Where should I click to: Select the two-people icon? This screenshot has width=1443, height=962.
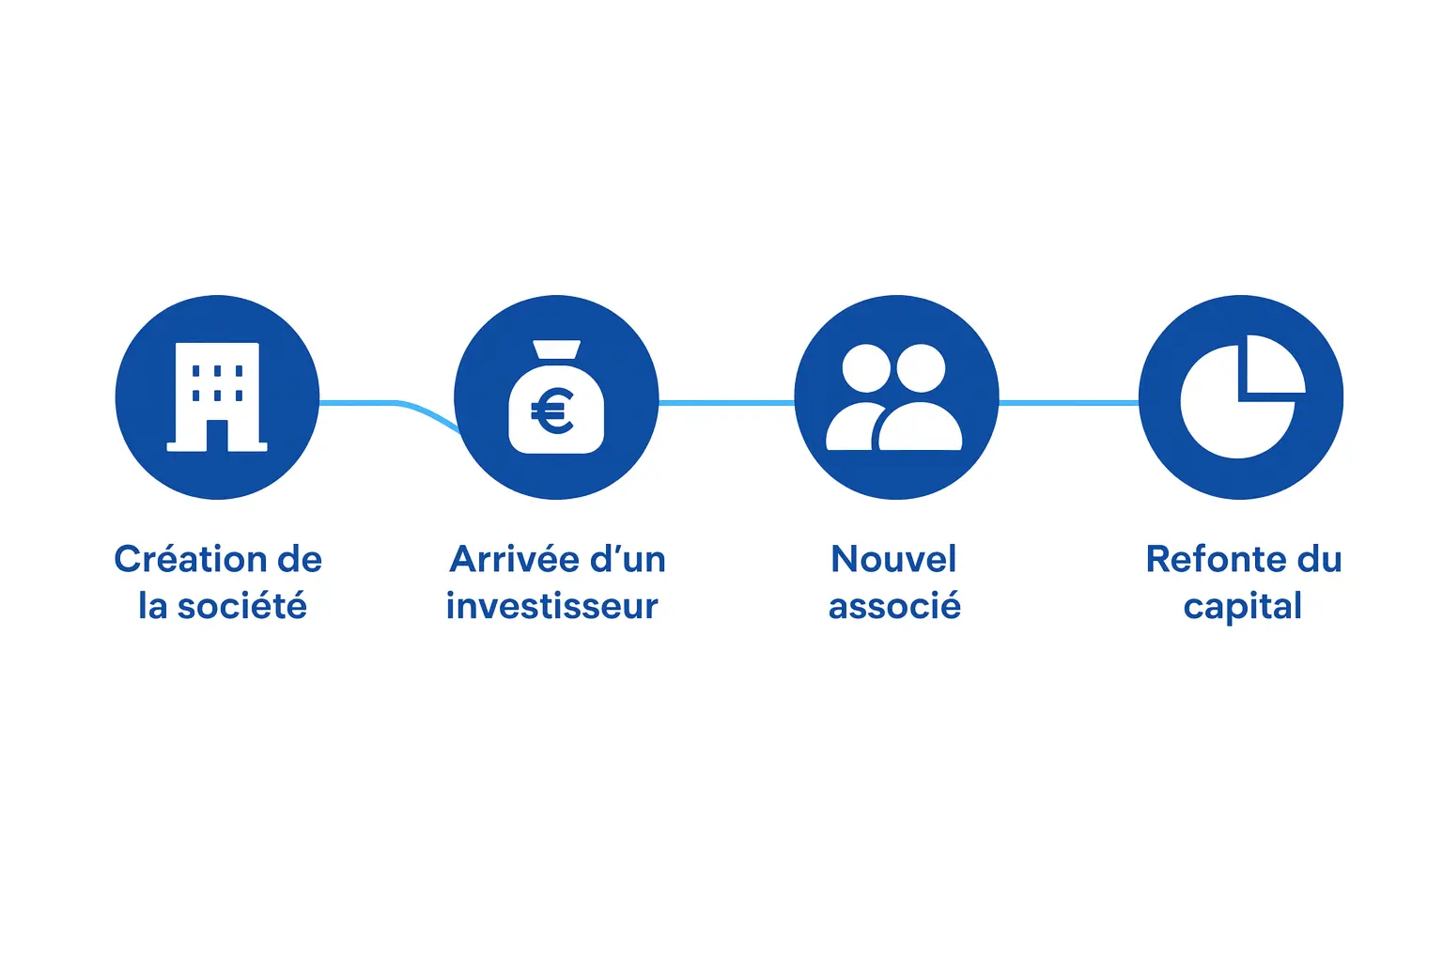pos(894,397)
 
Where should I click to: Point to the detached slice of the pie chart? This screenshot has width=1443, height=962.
pos(1272,365)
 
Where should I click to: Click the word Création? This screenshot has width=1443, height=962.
pos(182,559)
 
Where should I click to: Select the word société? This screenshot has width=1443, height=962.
pos(242,606)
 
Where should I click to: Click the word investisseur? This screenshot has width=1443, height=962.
pos(552,606)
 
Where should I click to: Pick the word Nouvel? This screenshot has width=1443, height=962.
pos(894,559)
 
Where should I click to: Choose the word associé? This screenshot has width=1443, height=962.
pos(894,606)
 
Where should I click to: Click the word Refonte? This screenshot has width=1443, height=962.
pos(1215,559)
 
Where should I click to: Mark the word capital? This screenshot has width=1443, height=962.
pos(1242,607)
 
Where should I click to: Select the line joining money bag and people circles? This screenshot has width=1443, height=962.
pos(726,403)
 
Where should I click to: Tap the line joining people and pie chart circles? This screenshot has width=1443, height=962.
pos(1068,403)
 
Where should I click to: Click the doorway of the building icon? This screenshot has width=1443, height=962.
pos(217,435)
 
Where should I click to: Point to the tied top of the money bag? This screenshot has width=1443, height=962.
pos(556,350)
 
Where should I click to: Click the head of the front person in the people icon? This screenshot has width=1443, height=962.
pos(921,368)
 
